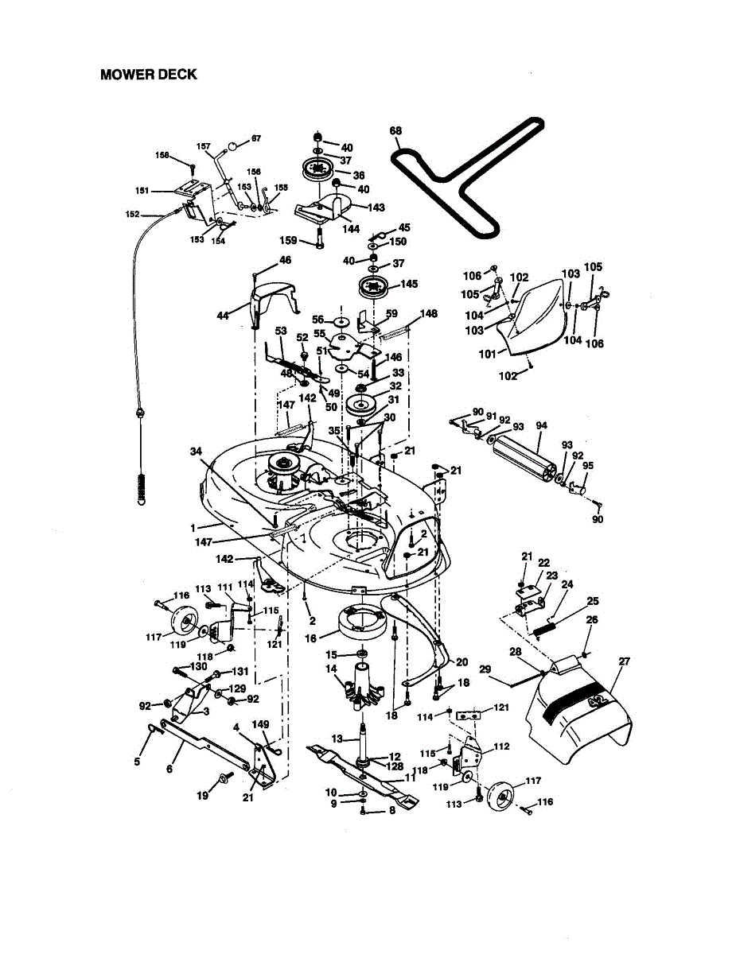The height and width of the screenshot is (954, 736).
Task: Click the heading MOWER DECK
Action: tap(149, 75)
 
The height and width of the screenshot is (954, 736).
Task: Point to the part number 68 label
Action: tap(396, 131)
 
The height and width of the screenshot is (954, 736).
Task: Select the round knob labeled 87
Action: tap(234, 146)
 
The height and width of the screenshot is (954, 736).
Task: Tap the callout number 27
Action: tap(624, 661)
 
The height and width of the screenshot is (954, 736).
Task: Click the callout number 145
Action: tap(409, 284)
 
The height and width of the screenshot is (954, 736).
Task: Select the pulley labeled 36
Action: tap(321, 170)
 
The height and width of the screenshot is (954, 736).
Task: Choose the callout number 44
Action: tap(223, 316)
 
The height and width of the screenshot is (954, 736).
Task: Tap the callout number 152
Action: tap(133, 214)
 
